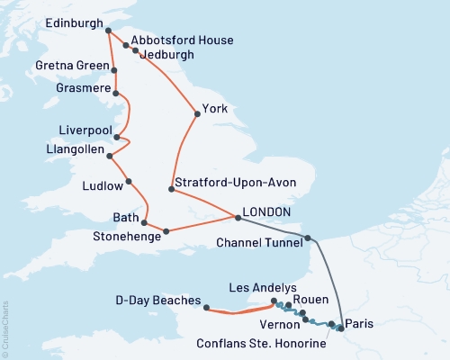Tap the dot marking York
196,113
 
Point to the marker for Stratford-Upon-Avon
171,188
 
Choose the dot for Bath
144,221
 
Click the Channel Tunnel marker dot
308,238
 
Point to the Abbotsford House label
182,40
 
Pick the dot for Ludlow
129,182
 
